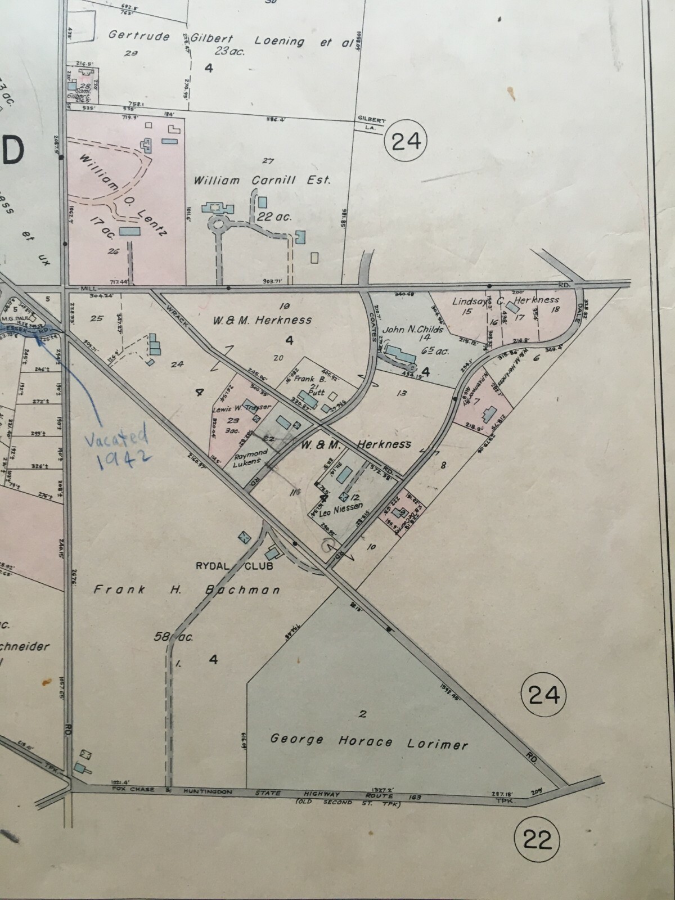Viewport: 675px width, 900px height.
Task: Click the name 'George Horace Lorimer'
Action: click(368, 741)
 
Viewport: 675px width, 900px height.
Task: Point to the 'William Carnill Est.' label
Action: click(262, 181)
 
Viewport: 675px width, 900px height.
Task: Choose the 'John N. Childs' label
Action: click(413, 330)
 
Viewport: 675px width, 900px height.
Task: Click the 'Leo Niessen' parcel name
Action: click(337, 508)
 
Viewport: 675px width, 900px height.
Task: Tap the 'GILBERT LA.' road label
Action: click(371, 124)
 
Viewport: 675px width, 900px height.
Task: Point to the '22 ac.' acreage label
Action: click(274, 217)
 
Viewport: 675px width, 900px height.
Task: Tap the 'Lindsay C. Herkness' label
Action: click(505, 301)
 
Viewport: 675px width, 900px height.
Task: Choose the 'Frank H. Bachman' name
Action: click(187, 589)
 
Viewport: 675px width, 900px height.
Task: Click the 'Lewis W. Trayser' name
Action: click(242, 408)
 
